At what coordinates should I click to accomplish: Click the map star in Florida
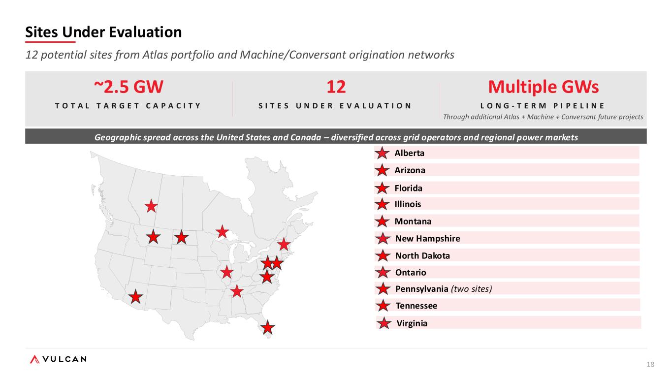click(267, 327)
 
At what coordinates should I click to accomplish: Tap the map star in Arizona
click(135, 297)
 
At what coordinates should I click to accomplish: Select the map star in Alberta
click(151, 206)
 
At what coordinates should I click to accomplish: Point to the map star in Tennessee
click(237, 291)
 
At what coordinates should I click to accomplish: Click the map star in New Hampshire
click(284, 244)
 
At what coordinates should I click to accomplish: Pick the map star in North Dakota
click(181, 238)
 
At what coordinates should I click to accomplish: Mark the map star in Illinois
click(226, 272)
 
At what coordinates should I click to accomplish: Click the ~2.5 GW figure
click(128, 87)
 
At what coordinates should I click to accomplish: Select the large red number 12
click(336, 87)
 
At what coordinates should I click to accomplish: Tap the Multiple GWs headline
click(544, 87)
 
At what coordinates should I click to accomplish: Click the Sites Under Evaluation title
click(103, 32)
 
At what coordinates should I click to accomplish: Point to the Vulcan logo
click(58, 359)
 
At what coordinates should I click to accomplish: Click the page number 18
click(650, 364)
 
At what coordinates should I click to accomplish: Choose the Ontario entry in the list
click(411, 272)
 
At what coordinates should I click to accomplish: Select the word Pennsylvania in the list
click(422, 289)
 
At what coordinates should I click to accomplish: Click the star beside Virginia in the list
click(384, 323)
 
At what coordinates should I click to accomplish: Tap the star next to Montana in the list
click(382, 221)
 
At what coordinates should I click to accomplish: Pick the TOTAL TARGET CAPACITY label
click(128, 106)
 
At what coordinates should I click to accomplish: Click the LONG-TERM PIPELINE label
click(543, 106)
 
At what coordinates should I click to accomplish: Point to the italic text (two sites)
click(471, 289)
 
